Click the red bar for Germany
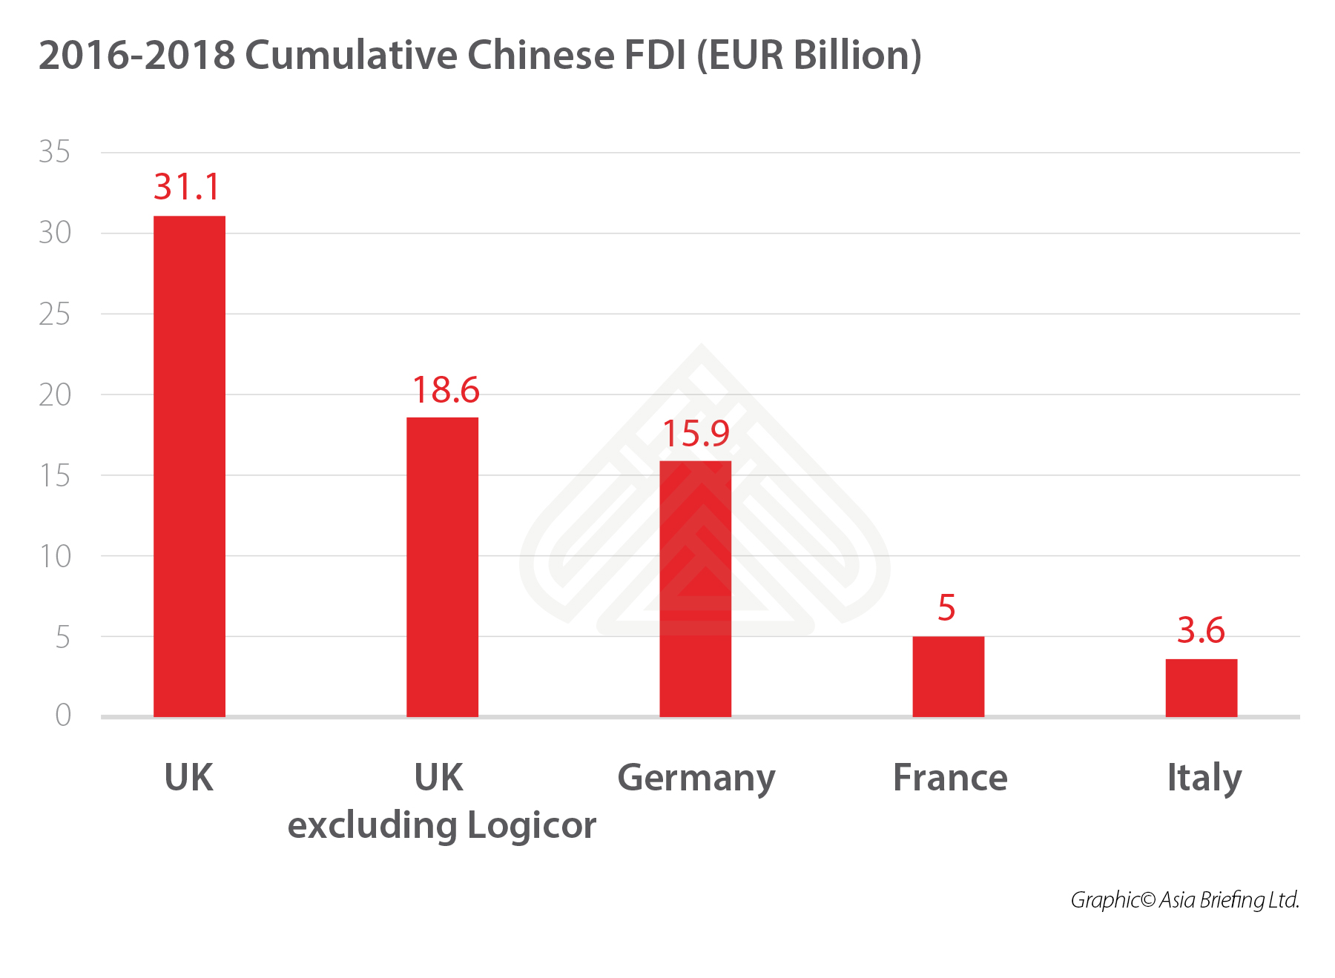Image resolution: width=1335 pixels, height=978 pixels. click(695, 589)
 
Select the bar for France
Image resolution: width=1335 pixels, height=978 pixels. click(948, 676)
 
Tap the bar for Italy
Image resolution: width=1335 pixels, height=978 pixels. click(1201, 687)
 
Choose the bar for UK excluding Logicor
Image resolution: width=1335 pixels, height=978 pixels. click(442, 566)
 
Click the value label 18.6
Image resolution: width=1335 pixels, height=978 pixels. click(446, 390)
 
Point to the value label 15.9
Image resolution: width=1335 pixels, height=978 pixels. click(696, 434)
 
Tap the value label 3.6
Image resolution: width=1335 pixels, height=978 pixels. click(1201, 631)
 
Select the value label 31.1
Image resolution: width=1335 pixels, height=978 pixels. click(187, 187)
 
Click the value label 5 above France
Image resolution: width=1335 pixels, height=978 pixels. click(946, 608)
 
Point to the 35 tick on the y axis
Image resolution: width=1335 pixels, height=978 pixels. click(54, 152)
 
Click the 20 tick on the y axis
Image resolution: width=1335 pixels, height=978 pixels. click(54, 395)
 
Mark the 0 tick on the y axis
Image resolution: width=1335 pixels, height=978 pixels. click(63, 716)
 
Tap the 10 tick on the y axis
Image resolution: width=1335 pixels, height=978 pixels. click(54, 556)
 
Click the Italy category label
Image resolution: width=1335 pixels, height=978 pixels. click(1204, 779)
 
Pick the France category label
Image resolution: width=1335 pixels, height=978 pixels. click(950, 778)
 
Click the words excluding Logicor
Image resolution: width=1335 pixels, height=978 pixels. click(442, 826)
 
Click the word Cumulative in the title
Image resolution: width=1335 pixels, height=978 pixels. click(355, 56)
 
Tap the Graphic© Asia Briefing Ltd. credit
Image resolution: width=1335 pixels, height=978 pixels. click(1184, 900)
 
